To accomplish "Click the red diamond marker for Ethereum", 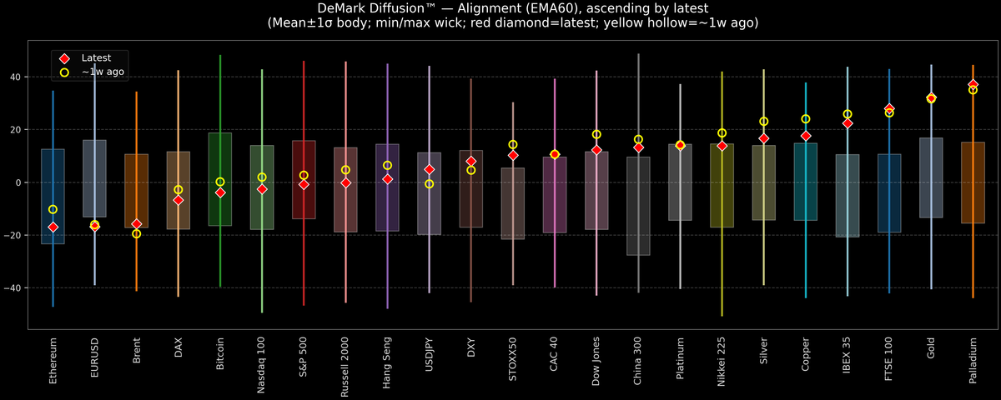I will [x=53, y=227].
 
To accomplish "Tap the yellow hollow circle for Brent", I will [x=137, y=233].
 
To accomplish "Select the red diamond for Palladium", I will [x=973, y=85].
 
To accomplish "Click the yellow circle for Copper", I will [x=806, y=119].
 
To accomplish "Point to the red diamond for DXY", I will [x=471, y=161].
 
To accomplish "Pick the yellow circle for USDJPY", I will [x=430, y=183].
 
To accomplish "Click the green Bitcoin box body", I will [x=220, y=179].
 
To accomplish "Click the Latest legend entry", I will [x=95, y=58].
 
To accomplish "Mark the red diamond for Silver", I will [x=764, y=138].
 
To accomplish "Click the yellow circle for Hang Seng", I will [x=387, y=166].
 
